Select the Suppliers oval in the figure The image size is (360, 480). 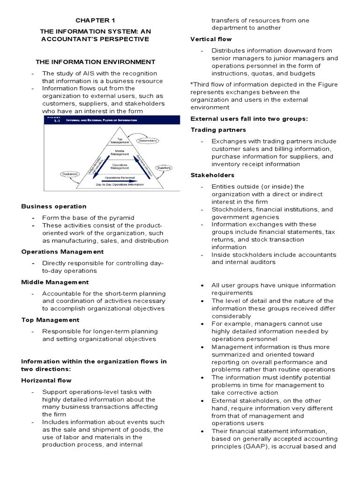(164, 167)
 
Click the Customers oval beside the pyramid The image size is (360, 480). (69, 174)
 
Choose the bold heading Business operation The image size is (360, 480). (54, 206)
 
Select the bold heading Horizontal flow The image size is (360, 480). (45, 381)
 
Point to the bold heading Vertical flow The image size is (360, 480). (211, 39)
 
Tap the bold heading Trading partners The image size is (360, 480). (218, 130)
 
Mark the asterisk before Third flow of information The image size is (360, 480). (192, 84)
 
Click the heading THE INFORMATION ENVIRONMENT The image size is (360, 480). (96, 61)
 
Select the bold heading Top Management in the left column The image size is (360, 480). (50, 320)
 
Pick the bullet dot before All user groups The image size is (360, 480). (202, 285)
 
